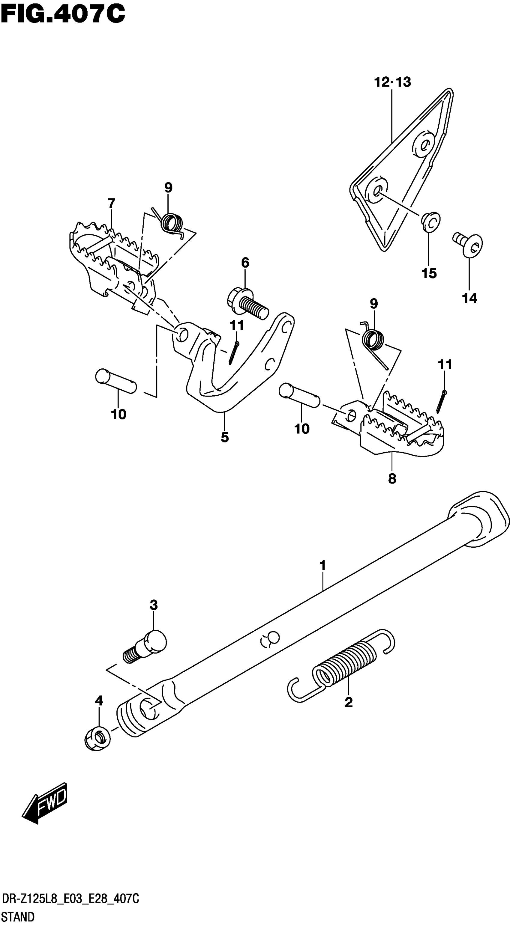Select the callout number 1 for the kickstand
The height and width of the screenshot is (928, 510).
click(x=322, y=565)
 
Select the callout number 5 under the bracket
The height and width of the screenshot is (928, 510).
click(x=225, y=437)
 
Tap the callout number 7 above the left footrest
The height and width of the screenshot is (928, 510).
click(x=111, y=204)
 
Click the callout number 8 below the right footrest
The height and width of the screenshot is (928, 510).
click(x=392, y=478)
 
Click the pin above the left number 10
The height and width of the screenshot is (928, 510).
click(x=116, y=381)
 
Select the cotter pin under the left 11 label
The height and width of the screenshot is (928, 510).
click(x=233, y=352)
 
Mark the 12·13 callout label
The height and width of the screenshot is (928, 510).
click(x=392, y=82)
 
